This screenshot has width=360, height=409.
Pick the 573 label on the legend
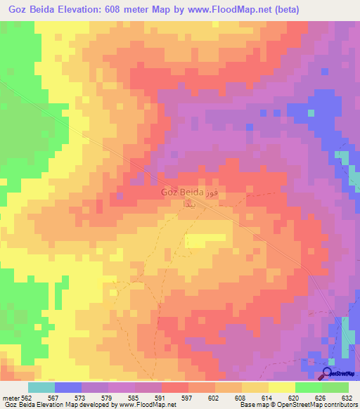pyautogui.click(x=95, y=397)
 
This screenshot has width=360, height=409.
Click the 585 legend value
pyautogui.click(x=148, y=397)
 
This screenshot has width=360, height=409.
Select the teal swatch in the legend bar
pyautogui.click(x=41, y=387)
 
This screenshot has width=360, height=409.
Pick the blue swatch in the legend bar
pyautogui.click(x=68, y=387)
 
